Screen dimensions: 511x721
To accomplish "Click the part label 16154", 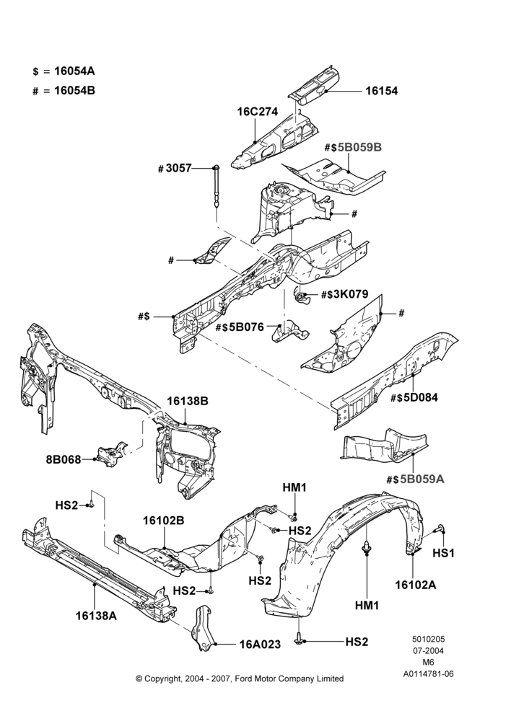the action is (381, 91).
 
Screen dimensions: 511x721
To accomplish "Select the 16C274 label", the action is (258, 112).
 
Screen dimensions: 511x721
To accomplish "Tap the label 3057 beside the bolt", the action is (178, 168).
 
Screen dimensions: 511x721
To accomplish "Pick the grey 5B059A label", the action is (422, 479).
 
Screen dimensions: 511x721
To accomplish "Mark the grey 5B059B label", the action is (359, 147).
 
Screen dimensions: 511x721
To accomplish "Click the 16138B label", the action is (188, 401).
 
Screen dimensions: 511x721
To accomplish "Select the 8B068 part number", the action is (64, 459).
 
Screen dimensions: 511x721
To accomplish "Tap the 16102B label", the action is (163, 521).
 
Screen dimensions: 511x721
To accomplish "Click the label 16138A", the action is (96, 616).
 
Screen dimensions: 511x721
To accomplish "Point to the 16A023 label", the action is (260, 645).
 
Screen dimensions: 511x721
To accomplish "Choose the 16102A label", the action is (415, 585).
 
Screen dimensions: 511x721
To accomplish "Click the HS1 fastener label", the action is (443, 553).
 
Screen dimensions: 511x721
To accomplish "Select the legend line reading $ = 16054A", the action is (64, 71).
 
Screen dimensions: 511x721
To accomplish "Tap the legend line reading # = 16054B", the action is (64, 91).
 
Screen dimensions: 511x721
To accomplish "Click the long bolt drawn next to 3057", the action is (216, 187).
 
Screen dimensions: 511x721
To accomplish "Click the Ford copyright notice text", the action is (240, 678).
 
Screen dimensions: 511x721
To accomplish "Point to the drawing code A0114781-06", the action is (429, 674).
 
